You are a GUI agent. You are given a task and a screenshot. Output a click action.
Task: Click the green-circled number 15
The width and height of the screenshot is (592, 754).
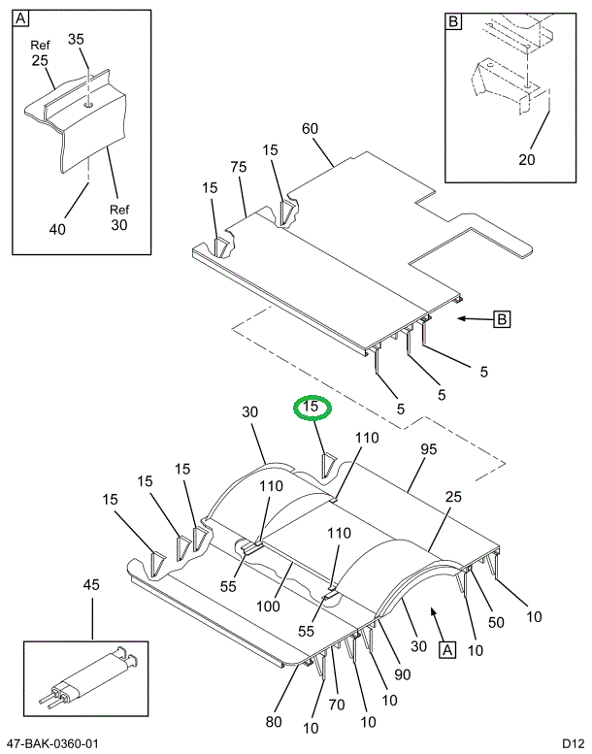(312, 409)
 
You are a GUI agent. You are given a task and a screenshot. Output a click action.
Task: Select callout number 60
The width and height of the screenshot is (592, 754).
(311, 129)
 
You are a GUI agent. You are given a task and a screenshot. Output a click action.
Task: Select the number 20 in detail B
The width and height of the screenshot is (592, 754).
(527, 160)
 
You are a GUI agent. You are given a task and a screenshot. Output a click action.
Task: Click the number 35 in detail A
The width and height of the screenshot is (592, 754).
(76, 40)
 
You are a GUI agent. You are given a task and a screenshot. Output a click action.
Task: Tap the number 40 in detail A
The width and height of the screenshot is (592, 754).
(57, 229)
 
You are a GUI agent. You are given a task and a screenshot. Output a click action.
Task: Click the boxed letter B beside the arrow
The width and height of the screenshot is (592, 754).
(502, 318)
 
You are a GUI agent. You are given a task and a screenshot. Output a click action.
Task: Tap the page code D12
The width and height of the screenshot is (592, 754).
(570, 743)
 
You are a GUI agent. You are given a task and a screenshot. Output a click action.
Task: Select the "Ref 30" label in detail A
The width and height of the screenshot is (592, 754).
(118, 217)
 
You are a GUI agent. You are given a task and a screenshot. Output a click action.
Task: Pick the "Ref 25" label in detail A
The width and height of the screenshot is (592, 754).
(39, 52)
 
